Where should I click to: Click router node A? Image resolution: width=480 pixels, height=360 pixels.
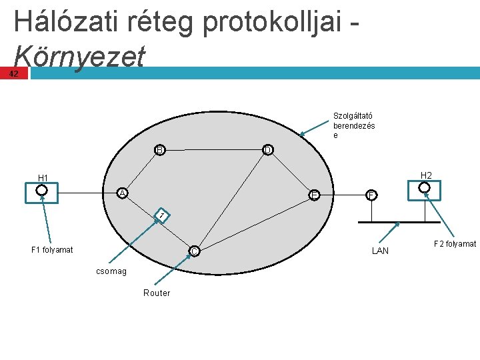tap(122, 193)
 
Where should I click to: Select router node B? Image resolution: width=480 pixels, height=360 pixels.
tap(159, 150)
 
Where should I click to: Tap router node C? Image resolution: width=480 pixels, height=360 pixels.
tap(193, 251)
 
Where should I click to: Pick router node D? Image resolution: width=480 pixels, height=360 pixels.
tap(267, 150)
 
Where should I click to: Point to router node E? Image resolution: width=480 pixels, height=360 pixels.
tap(314, 195)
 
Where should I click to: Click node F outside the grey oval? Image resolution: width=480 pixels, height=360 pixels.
tap(371, 195)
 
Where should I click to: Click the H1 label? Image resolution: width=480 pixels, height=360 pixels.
tap(43, 178)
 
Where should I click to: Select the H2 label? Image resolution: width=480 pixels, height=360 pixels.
tap(427, 175)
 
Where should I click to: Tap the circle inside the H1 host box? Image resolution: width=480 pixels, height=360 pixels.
tap(42, 190)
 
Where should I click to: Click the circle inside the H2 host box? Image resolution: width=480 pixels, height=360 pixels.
tap(425, 188)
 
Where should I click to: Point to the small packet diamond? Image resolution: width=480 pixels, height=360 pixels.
tap(161, 215)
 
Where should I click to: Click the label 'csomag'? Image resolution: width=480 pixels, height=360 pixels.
tap(110, 271)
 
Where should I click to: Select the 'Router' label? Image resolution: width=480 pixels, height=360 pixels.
tap(157, 293)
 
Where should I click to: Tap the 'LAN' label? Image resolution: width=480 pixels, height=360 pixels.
tap(380, 251)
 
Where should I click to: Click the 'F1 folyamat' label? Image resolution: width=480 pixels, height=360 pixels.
tap(52, 250)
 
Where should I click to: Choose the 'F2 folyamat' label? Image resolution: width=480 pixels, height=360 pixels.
tap(455, 244)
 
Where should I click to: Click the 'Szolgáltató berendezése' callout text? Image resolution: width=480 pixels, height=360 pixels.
tap(353, 125)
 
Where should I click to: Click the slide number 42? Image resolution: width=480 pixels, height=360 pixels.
tap(14, 73)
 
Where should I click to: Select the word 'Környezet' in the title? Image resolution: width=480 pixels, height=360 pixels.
tap(78, 57)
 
